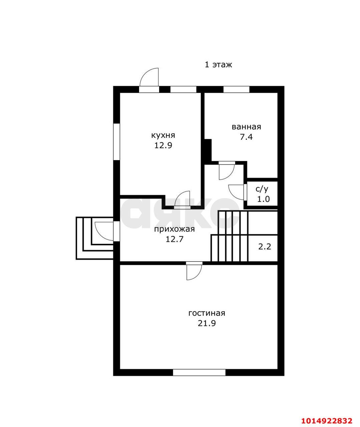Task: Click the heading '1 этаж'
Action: point(219,65)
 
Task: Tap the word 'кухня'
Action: point(163,135)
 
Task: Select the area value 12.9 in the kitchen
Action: point(163,145)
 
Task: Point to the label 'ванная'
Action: point(246,127)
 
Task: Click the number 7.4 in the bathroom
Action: point(246,137)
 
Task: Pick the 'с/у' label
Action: point(262,189)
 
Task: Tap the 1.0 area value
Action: point(264,199)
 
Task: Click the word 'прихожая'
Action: point(174,229)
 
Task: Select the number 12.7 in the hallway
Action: point(174,239)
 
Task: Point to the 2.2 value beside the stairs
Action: point(265,247)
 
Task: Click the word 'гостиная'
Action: point(207,319)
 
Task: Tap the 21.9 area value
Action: point(207,329)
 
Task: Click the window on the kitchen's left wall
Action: point(116,142)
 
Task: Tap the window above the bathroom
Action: point(236,89)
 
